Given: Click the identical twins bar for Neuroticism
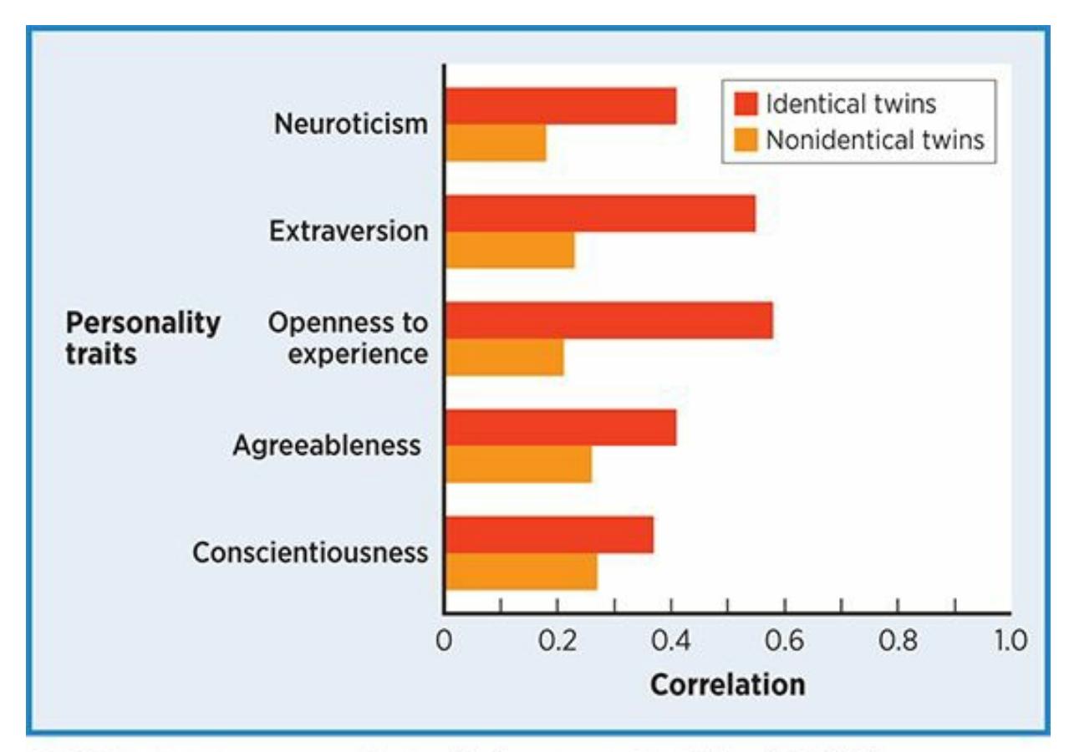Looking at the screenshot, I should (x=560, y=106).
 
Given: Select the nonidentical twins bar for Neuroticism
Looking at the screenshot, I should (x=496, y=143).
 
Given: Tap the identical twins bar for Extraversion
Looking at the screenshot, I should (x=600, y=213).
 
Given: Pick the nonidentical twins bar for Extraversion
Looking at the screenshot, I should (x=510, y=250).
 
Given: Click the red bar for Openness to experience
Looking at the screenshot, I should (x=608, y=321).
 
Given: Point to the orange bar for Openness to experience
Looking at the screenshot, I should (x=504, y=358).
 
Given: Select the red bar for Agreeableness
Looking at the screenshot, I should (x=560, y=428).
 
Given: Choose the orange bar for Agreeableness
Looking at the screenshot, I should (x=518, y=465).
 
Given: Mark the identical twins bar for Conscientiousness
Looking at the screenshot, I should (x=549, y=535).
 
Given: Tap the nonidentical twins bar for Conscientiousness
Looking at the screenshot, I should (x=521, y=572).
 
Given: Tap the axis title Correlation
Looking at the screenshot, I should (x=727, y=685).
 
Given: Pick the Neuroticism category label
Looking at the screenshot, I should (x=351, y=124).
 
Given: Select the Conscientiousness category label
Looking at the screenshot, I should (x=310, y=552).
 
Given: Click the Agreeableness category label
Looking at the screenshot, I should (x=327, y=445).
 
